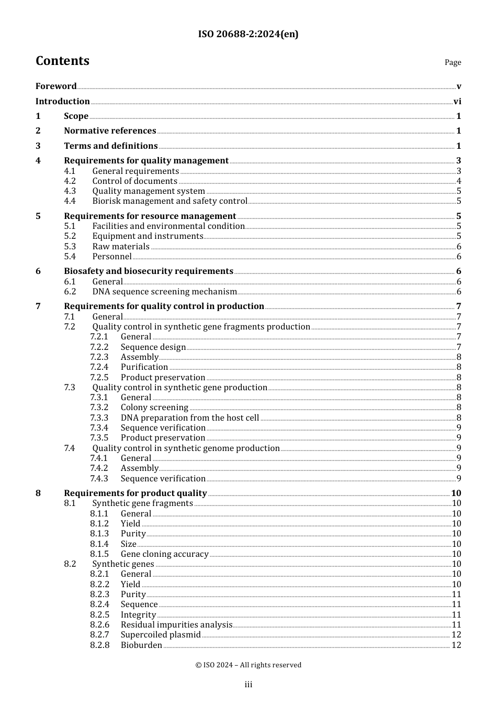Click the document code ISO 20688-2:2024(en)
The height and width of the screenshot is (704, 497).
coord(248,35)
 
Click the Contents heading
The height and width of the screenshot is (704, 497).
coord(62,61)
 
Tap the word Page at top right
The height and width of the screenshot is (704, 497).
coord(453,62)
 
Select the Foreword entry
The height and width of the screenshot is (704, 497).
coord(56,86)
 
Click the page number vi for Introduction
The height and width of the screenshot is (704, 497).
coord(457,102)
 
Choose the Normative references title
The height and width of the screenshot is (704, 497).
coord(110,131)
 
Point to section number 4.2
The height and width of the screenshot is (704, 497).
coord(70,181)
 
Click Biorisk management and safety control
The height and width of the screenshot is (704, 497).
coord(170,201)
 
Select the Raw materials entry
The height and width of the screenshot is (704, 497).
coord(121,247)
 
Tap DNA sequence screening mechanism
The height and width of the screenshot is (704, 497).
coord(164,292)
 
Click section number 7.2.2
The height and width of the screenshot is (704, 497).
coord(99,347)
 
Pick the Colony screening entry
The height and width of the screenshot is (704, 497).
coord(154,408)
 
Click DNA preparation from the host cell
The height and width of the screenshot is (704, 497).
coord(189,418)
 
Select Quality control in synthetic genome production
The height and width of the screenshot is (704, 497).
coord(186,448)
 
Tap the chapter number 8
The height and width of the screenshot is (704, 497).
coord(38,493)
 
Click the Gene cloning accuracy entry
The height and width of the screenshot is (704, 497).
coord(164,554)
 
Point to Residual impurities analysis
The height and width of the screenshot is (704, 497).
coord(176,625)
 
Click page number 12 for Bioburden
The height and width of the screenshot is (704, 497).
coord(456,645)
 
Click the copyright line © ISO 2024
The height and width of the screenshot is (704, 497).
coord(248,665)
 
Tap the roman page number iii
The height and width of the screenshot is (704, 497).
coord(248,685)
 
